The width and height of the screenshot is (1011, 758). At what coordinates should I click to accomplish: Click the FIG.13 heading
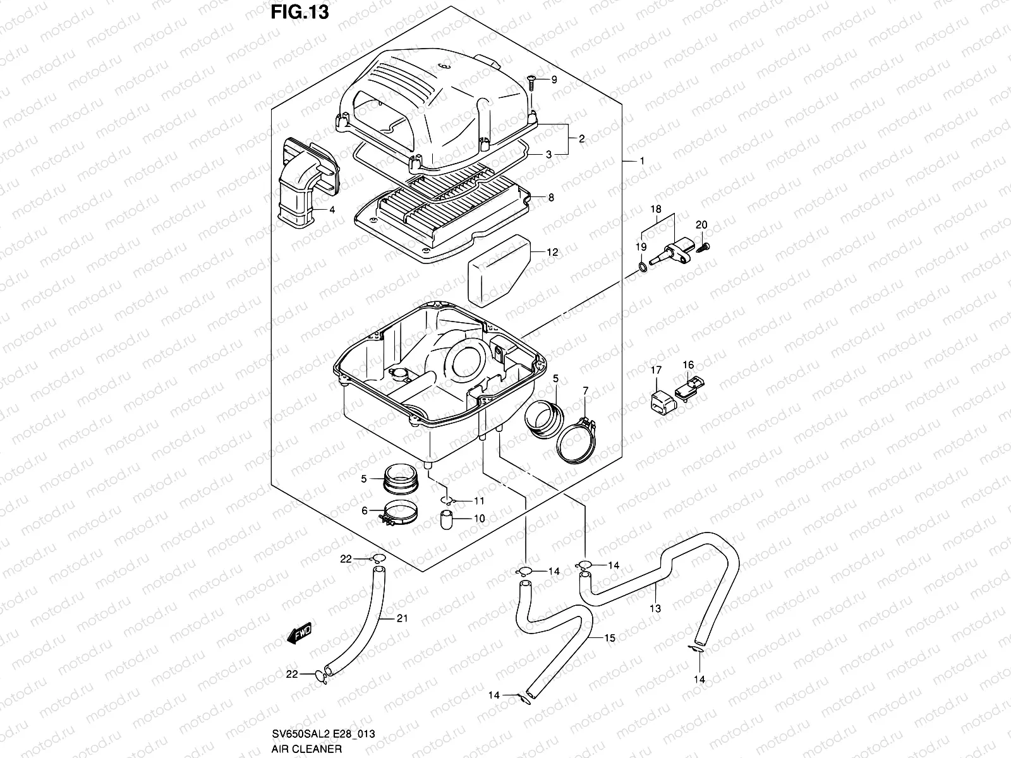coord(300,12)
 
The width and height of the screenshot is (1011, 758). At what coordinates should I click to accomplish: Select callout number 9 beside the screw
coord(554,80)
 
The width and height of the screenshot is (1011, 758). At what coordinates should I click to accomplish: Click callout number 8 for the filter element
coord(551,198)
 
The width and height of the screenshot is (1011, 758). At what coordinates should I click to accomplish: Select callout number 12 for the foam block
coord(552,252)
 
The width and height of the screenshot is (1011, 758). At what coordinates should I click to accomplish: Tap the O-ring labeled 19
coord(642,268)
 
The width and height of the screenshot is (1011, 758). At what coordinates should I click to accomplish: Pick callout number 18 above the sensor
coord(656,208)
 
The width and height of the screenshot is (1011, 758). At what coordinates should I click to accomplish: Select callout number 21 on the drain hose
coord(403,618)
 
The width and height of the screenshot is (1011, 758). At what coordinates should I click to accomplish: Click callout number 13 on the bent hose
coord(655,608)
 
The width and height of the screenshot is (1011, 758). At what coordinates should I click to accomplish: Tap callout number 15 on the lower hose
coord(609,639)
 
